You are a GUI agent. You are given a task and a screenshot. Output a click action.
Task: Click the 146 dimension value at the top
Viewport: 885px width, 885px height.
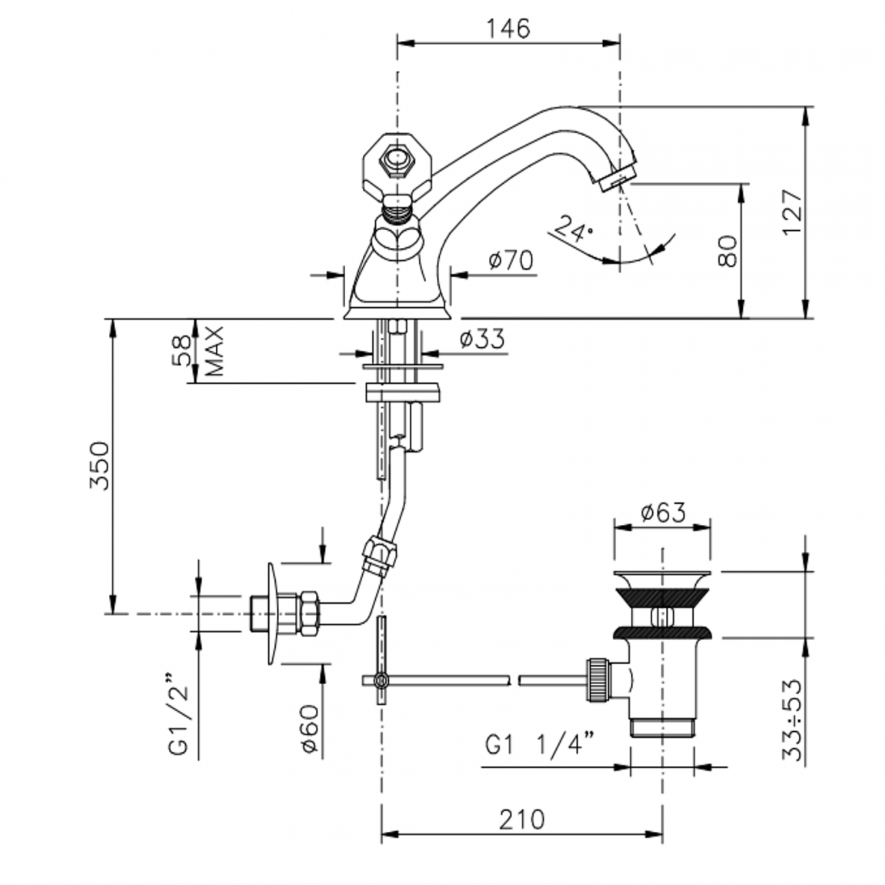pyautogui.click(x=507, y=29)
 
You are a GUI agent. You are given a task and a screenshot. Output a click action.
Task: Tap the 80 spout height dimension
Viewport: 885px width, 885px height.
pyautogui.click(x=728, y=251)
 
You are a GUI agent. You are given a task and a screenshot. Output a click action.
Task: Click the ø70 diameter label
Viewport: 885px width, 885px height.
pyautogui.click(x=511, y=259)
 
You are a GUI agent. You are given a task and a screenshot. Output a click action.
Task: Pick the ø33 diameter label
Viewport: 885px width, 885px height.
pyautogui.click(x=482, y=338)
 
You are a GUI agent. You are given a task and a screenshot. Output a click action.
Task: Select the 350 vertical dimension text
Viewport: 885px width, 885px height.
pyautogui.click(x=99, y=466)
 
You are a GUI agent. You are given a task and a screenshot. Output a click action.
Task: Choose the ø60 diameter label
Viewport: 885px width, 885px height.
pyautogui.click(x=308, y=728)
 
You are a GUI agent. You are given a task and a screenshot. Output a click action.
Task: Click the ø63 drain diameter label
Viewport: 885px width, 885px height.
pyautogui.click(x=663, y=512)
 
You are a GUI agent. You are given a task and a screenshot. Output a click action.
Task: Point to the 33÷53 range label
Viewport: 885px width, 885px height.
pyautogui.click(x=792, y=720)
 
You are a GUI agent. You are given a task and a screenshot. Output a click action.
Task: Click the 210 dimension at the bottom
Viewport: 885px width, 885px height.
pyautogui.click(x=521, y=820)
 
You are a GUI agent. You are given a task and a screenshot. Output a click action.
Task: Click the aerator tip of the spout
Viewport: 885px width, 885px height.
pyautogui.click(x=617, y=178)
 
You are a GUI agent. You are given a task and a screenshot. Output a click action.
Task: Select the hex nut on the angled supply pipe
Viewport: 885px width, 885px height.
pyautogui.click(x=379, y=556)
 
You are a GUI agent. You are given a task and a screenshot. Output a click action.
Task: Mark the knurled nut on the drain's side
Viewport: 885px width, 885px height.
pyautogui.click(x=596, y=679)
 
